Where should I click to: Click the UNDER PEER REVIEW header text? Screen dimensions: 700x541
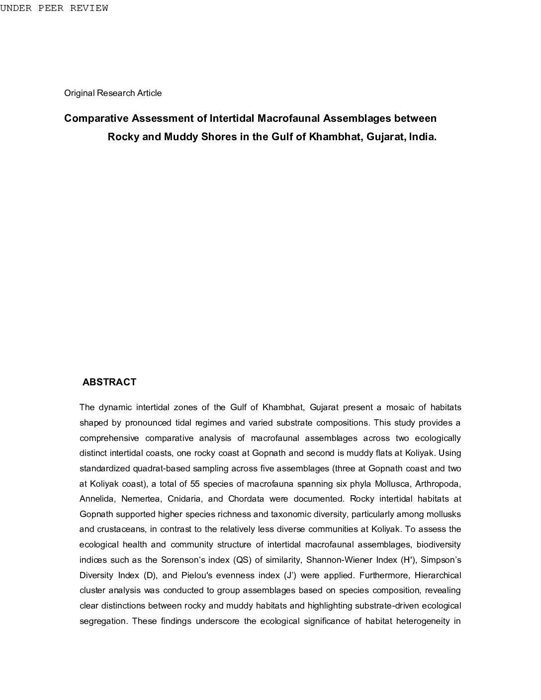[x=54, y=8]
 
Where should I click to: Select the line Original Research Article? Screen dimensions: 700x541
[x=113, y=93]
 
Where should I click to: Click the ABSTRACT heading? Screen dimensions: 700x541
[x=109, y=382]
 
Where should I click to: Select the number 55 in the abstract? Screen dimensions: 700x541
[x=195, y=484]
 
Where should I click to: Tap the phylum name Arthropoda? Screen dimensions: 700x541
[x=438, y=484]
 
